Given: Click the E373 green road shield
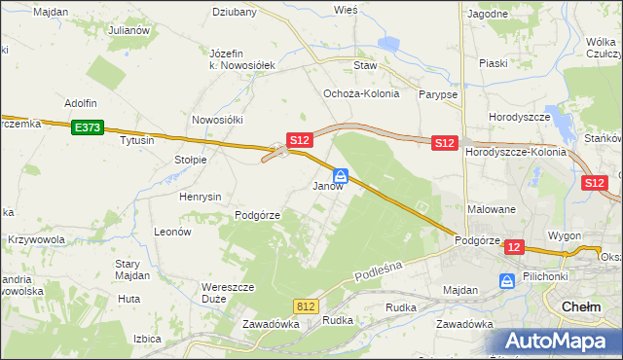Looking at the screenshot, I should [86, 126].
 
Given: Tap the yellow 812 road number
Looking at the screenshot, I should [306, 306].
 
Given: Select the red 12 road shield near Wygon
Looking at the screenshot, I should [514, 248].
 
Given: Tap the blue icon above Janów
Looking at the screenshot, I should [341, 176].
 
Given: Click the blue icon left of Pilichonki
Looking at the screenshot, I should [507, 281].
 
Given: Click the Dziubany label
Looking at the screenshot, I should [235, 13].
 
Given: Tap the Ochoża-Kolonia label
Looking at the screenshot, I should [356, 93].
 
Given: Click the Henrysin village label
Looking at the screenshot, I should [202, 196].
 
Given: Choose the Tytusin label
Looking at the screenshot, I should [136, 140].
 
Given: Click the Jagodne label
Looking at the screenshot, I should [488, 15].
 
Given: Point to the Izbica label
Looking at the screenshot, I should [147, 340].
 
